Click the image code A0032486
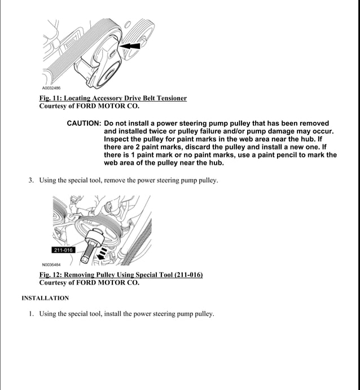51,88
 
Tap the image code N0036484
51,264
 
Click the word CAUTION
84,123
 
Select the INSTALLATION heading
45,298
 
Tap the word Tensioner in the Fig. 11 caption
169,98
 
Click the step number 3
32,181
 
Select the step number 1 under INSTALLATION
32,314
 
